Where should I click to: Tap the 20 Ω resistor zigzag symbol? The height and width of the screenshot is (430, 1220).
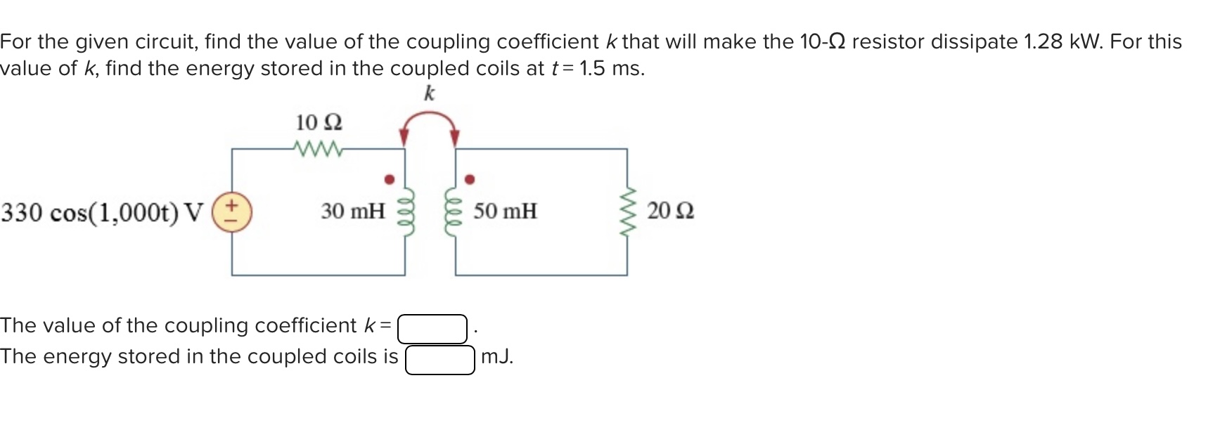[x=627, y=211]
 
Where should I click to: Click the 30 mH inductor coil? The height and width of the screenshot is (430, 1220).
[x=405, y=211]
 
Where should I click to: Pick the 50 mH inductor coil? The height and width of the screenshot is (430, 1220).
[x=456, y=211]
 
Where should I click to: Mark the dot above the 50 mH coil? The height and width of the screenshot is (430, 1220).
[x=470, y=179]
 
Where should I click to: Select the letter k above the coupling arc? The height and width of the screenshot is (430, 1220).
[x=429, y=93]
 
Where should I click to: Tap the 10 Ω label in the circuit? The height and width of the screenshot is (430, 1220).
[x=319, y=123]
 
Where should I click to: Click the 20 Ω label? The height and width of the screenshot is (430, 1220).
[x=670, y=211]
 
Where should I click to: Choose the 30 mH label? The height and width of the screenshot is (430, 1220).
[x=353, y=211]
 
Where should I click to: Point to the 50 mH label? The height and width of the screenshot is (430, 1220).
[x=505, y=211]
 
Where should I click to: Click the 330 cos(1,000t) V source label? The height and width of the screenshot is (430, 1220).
[x=102, y=212]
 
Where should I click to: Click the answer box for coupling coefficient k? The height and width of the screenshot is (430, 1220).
[x=432, y=329]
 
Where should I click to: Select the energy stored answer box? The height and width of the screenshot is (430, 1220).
[x=440, y=359]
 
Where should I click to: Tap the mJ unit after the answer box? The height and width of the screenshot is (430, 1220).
[x=497, y=357]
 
